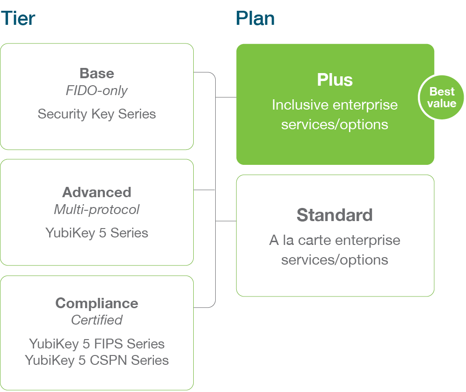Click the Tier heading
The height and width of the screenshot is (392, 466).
(18, 18)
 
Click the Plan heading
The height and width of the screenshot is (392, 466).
(255, 18)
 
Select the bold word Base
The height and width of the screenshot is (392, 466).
(97, 74)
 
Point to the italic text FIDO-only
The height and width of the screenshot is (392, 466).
(97, 90)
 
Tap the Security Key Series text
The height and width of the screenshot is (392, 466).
(97, 114)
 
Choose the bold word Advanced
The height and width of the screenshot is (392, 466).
(97, 192)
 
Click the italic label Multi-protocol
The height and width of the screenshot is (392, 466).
(97, 209)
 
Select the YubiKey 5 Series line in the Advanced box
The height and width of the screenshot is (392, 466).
(97, 233)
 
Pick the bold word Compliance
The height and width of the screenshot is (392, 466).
(97, 303)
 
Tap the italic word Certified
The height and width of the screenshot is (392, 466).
(97, 320)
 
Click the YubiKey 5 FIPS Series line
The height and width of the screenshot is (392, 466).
(97, 344)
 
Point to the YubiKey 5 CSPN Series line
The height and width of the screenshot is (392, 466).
(97, 360)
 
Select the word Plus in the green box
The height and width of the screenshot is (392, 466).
(335, 80)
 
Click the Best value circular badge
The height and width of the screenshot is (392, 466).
(441, 97)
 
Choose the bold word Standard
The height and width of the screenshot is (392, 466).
(335, 215)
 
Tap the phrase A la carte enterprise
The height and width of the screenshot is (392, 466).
(335, 240)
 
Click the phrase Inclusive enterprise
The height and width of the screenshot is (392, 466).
(335, 104)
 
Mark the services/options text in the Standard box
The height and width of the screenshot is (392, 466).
(335, 260)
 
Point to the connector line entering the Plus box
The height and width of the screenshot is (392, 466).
(226, 97)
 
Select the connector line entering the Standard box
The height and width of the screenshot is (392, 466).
(226, 221)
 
